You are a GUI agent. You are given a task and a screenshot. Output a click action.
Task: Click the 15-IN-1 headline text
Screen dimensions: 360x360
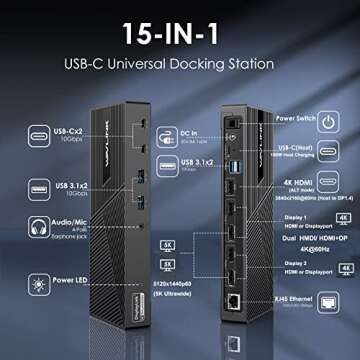tap(179, 32)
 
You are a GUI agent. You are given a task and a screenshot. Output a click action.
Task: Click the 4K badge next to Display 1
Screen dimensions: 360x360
tap(344, 216)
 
